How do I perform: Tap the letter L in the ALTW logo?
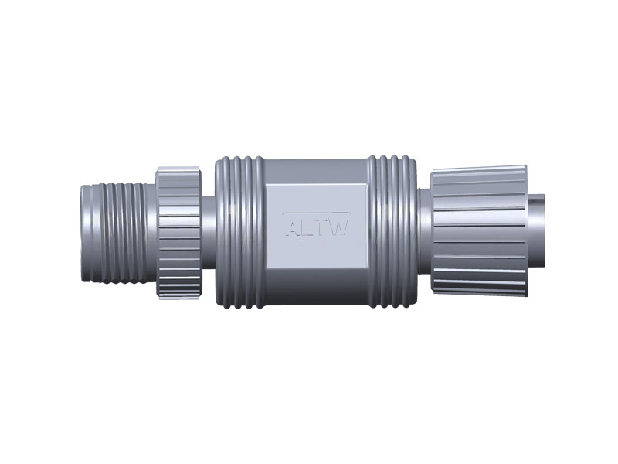(x=306, y=227)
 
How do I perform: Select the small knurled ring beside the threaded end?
(x=180, y=232)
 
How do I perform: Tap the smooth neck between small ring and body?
(x=209, y=232)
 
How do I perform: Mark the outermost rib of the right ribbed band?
(x=414, y=232)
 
